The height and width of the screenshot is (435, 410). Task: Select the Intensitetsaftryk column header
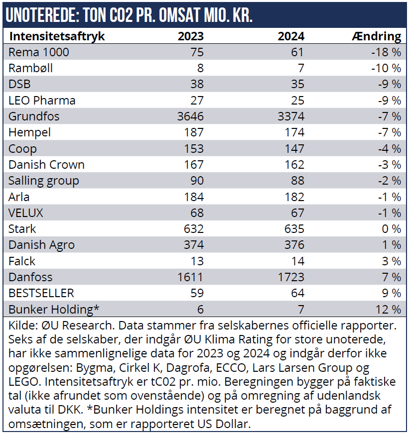point(57,36)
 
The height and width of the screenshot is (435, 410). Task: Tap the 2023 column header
point(191,36)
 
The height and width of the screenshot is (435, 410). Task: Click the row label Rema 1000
point(39,52)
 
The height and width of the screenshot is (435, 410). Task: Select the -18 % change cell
point(386,52)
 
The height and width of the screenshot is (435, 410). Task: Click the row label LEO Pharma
point(42,101)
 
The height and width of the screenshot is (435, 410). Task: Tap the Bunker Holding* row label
point(54,309)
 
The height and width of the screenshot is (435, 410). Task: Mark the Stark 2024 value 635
point(294,229)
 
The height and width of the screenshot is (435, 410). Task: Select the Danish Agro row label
point(41,245)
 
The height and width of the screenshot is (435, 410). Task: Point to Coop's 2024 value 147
point(294,149)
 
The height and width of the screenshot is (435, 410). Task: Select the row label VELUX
point(26,213)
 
